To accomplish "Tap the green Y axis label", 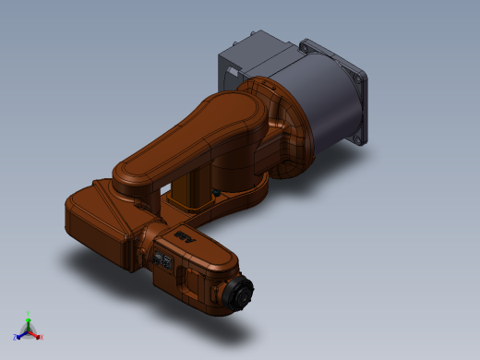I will pos(28,315).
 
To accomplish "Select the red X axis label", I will pos(42,337).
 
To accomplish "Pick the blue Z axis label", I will pos(15,338).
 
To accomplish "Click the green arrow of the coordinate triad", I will pos(28,324).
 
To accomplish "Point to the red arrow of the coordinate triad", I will pos(35,334).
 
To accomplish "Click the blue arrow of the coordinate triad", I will pos(21,334).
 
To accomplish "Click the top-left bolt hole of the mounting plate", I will pos(308,42).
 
